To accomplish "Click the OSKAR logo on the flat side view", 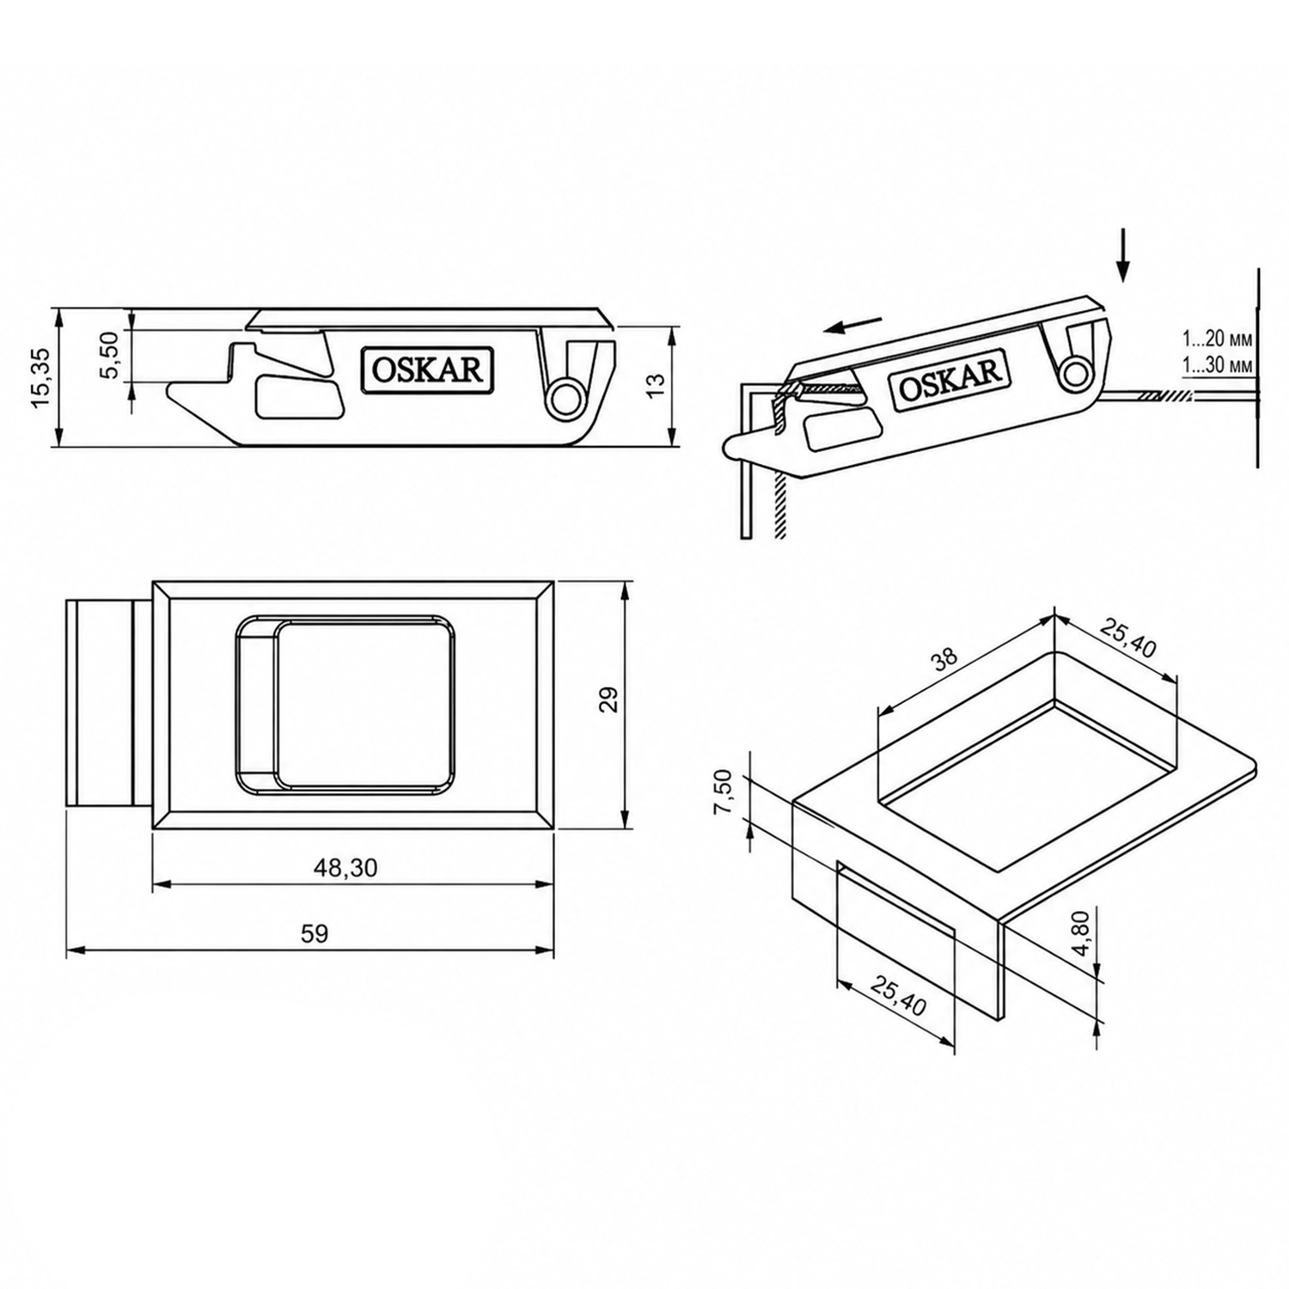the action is coord(426,370).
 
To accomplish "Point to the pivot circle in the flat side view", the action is coord(564,397).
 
